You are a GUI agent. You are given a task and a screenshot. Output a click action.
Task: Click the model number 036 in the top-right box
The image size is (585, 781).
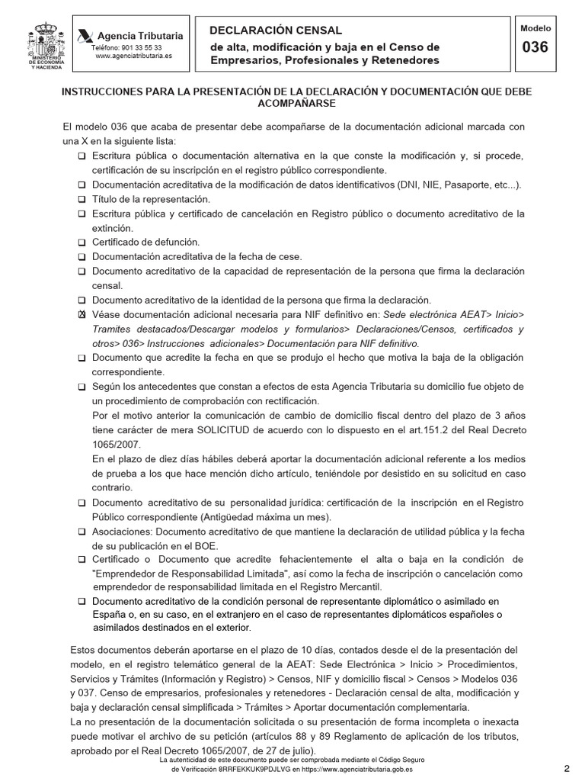point(535,47)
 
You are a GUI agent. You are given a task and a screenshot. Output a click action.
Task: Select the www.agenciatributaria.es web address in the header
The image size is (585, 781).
point(133,56)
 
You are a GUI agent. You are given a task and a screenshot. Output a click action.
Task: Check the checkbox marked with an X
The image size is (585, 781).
point(82,315)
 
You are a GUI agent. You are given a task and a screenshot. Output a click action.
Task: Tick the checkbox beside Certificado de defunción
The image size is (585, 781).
point(82,242)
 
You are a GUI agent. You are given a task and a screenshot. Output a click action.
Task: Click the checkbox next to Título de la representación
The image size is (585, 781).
point(82,199)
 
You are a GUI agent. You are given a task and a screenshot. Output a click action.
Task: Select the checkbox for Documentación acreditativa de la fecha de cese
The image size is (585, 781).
point(82,256)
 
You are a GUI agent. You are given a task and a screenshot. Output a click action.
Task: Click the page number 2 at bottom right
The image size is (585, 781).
point(567,767)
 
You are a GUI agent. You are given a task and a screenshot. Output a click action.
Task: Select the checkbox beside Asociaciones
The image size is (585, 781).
point(82,532)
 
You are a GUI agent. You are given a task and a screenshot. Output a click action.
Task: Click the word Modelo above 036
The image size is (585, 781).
point(535,28)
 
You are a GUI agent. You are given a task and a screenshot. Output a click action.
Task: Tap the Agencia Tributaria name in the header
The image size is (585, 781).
point(137,35)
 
